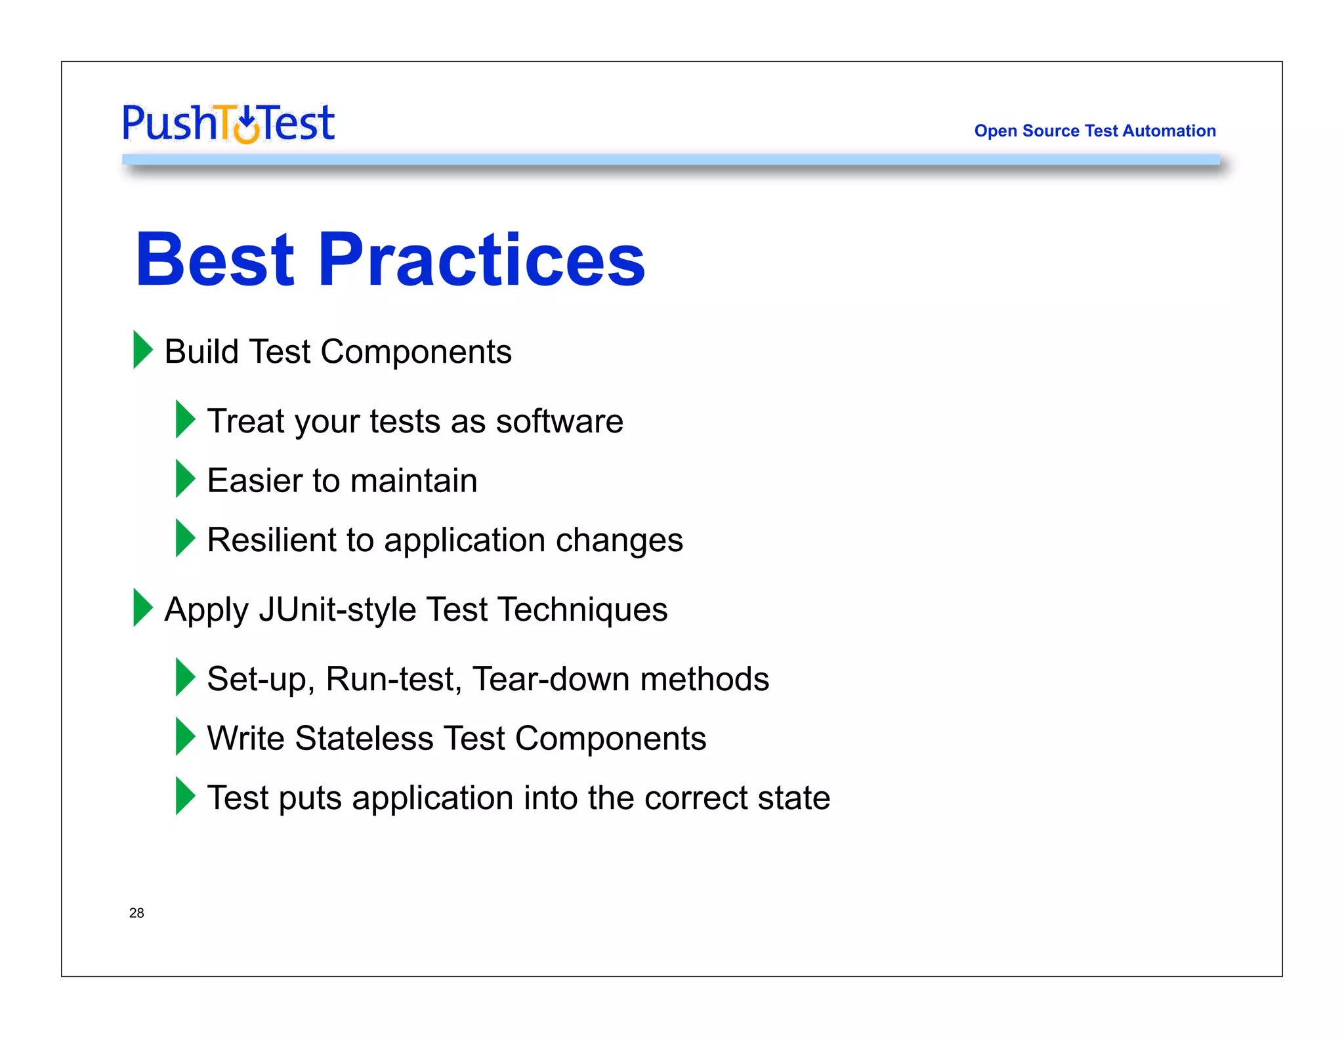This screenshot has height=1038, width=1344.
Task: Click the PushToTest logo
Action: coord(228,123)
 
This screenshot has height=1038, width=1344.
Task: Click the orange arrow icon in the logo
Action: coord(247,126)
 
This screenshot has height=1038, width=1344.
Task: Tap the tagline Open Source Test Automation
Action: coord(1095,131)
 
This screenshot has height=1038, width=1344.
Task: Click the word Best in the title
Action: coord(215,260)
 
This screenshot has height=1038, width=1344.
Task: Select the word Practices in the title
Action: coord(482,260)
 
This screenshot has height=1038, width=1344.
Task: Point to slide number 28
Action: coord(136,913)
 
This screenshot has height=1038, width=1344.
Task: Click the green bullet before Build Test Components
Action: coord(142,350)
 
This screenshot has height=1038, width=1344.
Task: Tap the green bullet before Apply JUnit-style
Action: coord(142,608)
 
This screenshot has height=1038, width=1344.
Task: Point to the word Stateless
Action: coord(364,738)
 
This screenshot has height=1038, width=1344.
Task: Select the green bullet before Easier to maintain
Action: coord(184,478)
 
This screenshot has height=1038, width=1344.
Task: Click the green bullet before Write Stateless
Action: coord(184,736)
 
